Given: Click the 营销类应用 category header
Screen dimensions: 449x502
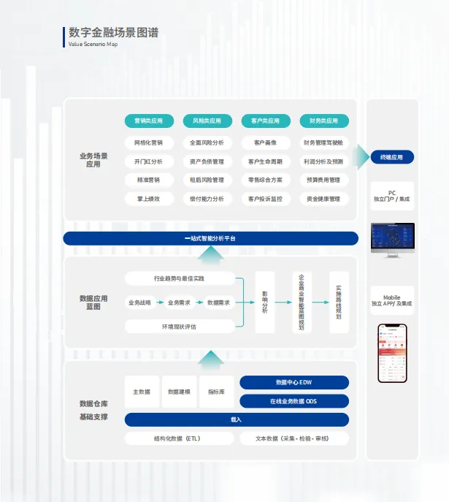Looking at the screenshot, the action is pos(149,121).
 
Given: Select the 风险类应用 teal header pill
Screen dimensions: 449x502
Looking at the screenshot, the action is pos(207,121).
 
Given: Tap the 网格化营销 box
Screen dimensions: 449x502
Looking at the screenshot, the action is pos(149,142).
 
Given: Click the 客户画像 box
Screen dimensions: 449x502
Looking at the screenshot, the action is pos(265,142).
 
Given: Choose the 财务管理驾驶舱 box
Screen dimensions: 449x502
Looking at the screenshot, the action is pos(323,142).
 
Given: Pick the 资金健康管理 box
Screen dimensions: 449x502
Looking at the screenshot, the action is pos(323,199).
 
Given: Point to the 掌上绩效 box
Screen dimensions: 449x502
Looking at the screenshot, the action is pos(149,199).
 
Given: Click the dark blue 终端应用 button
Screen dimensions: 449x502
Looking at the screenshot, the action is pos(392,157).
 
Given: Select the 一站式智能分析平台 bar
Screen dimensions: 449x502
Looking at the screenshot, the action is pos(210,238).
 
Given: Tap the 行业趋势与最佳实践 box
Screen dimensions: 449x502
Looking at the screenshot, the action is pos(180,278).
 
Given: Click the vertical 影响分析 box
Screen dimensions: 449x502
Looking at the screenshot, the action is pos(265,302).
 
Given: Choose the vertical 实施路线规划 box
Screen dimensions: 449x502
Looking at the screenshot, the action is pos(338,302).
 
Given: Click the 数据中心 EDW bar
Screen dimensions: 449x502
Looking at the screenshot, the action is pos(294,383).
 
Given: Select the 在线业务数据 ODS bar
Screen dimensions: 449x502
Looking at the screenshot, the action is pos(294,401).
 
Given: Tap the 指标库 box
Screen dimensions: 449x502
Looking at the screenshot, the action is pos(216,392).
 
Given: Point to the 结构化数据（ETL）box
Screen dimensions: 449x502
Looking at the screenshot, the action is pos(178,438).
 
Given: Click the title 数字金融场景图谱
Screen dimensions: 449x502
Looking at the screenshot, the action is pos(113,33).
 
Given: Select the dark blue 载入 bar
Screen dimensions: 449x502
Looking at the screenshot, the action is pos(237,419).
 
